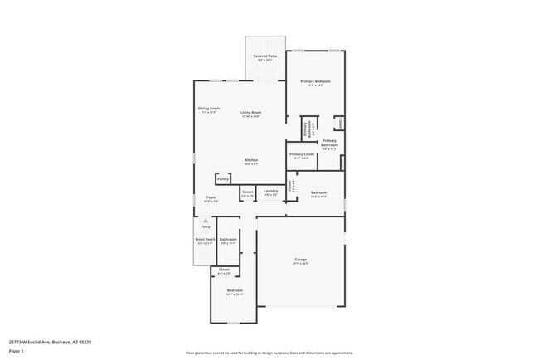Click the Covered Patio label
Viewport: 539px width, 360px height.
coord(265,56)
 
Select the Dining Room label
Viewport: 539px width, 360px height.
coord(209,109)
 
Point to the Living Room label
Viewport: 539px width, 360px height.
coord(251,113)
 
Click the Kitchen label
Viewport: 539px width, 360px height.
coord(251,160)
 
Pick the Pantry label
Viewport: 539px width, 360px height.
coord(222,178)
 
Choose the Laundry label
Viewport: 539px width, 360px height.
coord(270,192)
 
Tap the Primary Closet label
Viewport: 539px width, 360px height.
coord(302,154)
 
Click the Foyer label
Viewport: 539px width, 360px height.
coord(211,197)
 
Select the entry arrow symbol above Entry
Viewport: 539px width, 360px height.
coord(206,220)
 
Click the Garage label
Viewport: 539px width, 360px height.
coord(300,260)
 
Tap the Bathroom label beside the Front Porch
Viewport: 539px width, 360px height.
coord(228,239)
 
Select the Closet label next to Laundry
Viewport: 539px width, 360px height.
coord(247,192)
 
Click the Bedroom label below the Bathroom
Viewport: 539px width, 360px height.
coord(235,290)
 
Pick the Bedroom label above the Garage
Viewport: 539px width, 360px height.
coord(318,192)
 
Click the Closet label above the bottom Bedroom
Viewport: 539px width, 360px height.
coord(224,269)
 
